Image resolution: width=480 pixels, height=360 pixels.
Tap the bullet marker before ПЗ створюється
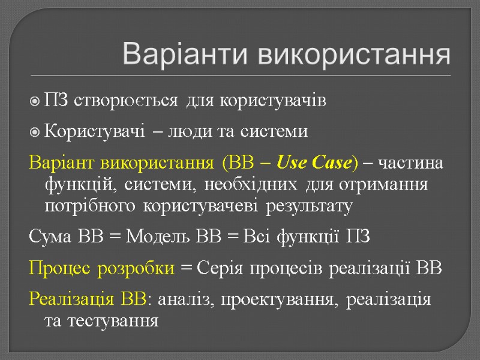click(x=35, y=101)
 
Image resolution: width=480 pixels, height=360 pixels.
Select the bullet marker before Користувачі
click(x=35, y=131)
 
